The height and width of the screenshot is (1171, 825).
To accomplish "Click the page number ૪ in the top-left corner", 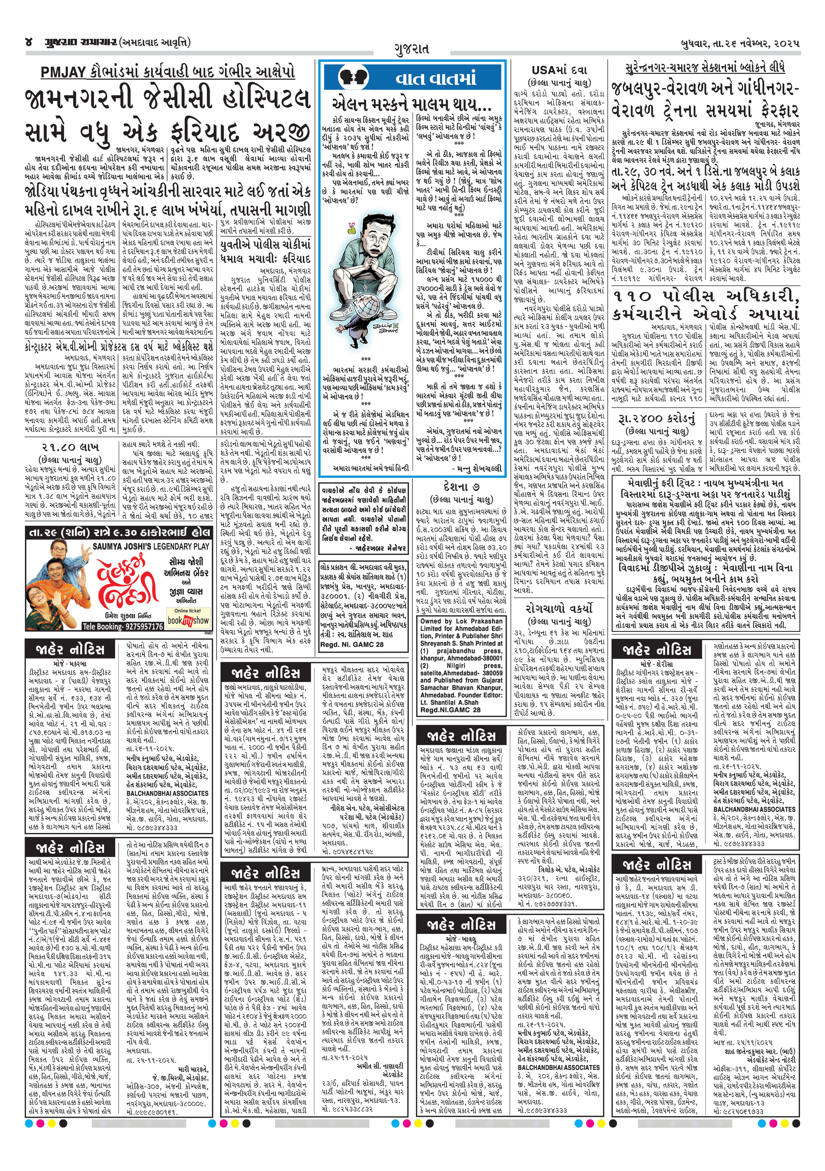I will coord(29,42).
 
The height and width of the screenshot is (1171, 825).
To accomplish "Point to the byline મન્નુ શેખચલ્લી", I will coord(477,468).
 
